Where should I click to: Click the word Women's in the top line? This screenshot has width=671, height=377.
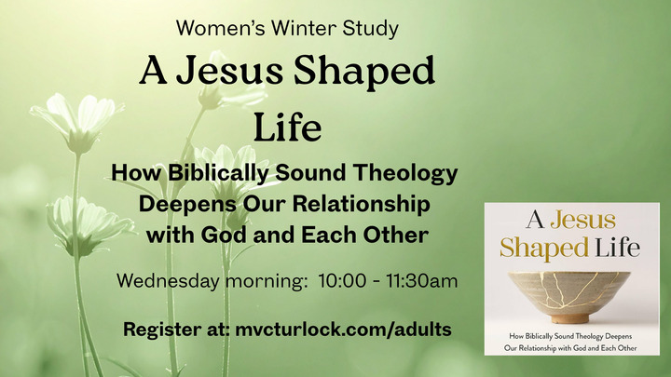[x=213, y=29]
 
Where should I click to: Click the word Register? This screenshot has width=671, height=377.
[x=163, y=330]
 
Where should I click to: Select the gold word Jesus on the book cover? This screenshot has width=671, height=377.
[x=582, y=221]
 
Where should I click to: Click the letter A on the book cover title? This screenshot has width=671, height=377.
[x=534, y=221]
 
